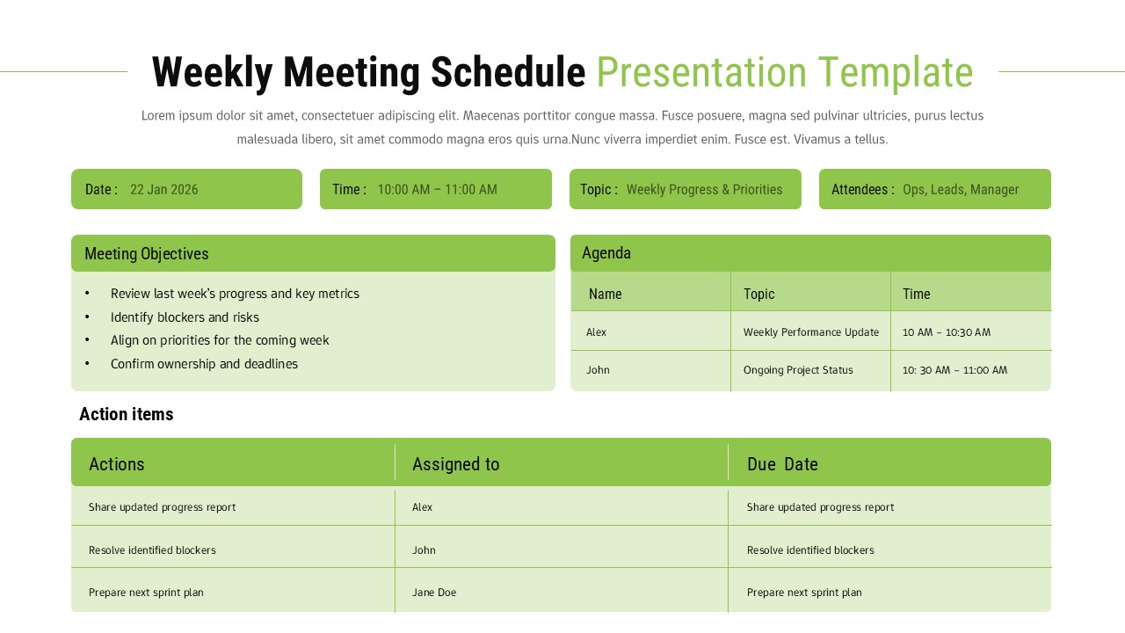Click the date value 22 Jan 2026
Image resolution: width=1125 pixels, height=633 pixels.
tap(163, 189)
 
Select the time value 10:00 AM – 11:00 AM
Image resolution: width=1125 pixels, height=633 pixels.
tap(437, 189)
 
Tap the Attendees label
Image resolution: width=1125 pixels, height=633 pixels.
tap(862, 189)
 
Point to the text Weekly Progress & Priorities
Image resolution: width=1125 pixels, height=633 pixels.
tap(704, 189)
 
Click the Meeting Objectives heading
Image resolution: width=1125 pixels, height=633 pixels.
tap(146, 253)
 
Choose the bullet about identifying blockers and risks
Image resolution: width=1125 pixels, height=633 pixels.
tap(185, 317)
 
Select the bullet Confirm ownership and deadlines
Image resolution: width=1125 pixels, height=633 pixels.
tap(204, 364)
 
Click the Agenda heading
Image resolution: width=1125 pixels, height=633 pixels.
tap(606, 253)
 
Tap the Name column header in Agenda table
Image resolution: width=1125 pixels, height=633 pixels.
tap(605, 294)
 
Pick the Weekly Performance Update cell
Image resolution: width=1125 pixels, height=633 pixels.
tap(810, 332)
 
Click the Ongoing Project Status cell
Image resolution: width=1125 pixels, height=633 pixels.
tap(798, 370)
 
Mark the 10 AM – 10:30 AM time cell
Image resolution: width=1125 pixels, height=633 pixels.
tap(946, 332)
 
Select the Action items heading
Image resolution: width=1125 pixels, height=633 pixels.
tap(126, 414)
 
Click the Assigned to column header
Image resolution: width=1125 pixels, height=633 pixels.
tap(455, 464)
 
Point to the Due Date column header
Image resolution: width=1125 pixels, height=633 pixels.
tap(782, 464)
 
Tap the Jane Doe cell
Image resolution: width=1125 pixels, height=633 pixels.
tap(434, 593)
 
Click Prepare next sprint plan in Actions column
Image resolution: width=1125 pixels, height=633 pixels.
tap(146, 593)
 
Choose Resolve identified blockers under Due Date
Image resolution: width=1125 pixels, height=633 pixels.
tap(810, 550)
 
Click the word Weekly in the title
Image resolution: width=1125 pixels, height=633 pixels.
tap(212, 72)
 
